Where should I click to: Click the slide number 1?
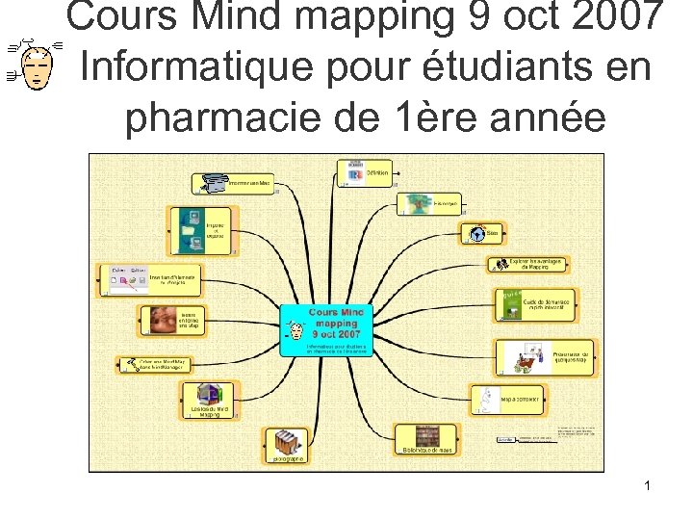tap(648, 486)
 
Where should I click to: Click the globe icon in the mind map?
tap(476, 233)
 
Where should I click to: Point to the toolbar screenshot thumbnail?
tap(125, 278)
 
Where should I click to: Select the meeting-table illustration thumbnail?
tap(523, 356)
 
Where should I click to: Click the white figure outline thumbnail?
tap(484, 397)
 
